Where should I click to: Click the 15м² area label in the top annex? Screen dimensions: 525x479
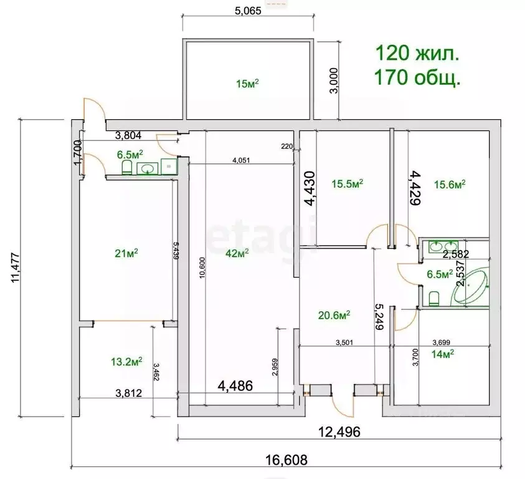(x=247, y=83)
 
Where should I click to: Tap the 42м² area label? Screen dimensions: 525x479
(x=237, y=253)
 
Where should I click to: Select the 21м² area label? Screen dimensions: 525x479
(x=126, y=253)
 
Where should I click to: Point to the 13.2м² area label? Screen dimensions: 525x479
(x=126, y=361)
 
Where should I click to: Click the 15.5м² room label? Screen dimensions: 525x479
(x=348, y=183)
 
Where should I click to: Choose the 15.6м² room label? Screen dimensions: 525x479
(x=450, y=184)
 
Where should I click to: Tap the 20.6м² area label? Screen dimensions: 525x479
(x=334, y=315)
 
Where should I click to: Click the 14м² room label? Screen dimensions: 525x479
(x=443, y=354)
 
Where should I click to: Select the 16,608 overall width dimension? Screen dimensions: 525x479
(x=286, y=460)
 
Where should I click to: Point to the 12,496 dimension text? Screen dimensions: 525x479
(x=339, y=432)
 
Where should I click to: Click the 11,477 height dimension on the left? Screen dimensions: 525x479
(x=16, y=268)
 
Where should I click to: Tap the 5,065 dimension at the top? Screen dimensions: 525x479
(x=248, y=11)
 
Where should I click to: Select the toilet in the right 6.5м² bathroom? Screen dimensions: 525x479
(x=434, y=299)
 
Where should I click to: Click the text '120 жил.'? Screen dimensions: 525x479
(x=417, y=53)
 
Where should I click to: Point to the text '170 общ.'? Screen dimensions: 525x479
(x=417, y=77)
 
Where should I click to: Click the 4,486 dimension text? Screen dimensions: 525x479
(x=235, y=385)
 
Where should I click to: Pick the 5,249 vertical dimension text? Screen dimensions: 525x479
(x=379, y=317)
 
